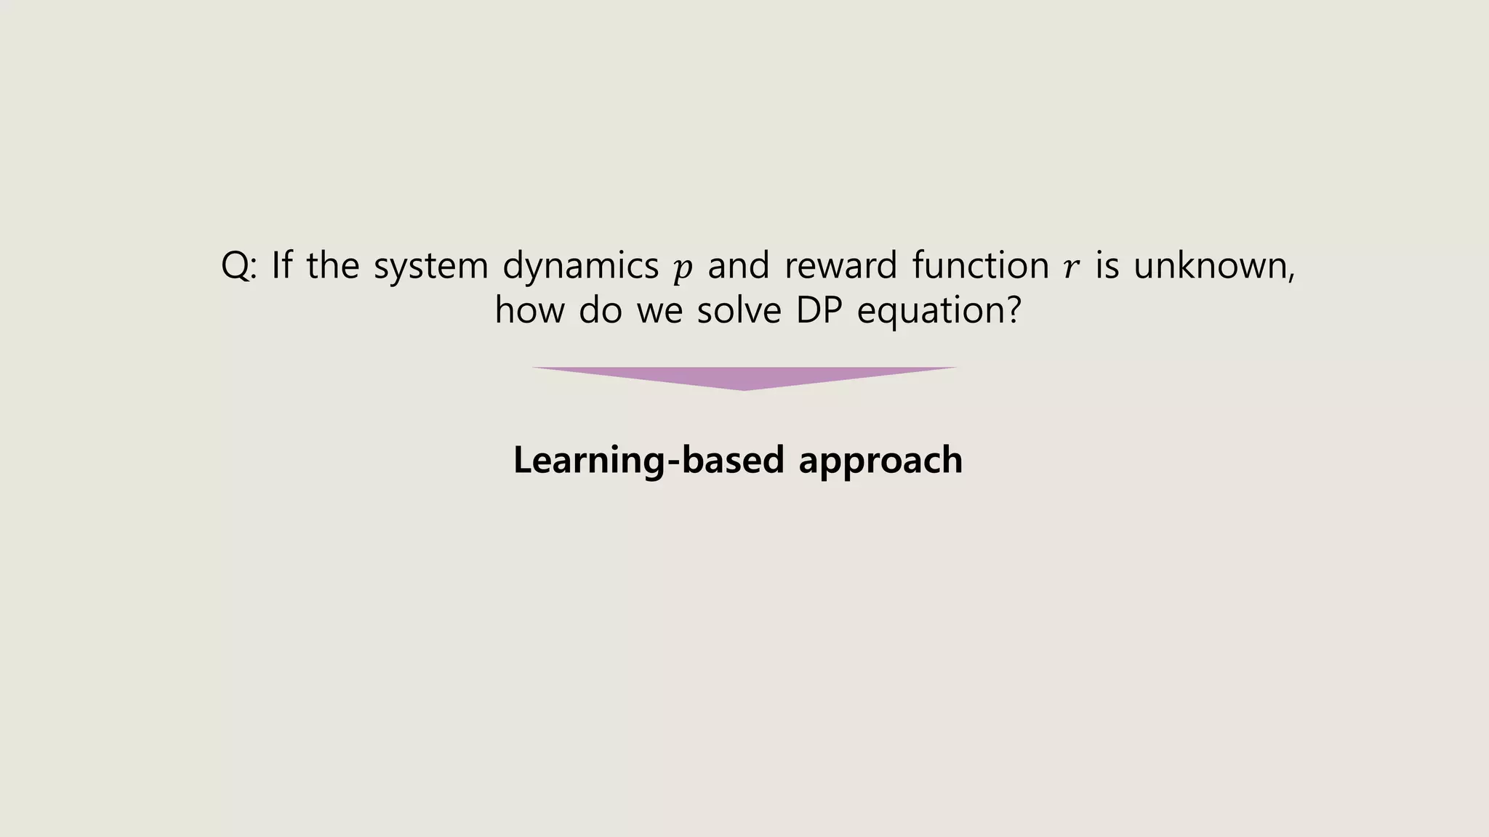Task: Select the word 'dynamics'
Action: pos(580,266)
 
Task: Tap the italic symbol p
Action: pos(683,269)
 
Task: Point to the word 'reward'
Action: pos(840,266)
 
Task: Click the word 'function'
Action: pos(981,266)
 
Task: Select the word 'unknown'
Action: pos(1211,266)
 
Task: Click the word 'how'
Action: pos(529,311)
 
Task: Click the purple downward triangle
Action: pos(744,377)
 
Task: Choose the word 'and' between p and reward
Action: pos(738,266)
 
